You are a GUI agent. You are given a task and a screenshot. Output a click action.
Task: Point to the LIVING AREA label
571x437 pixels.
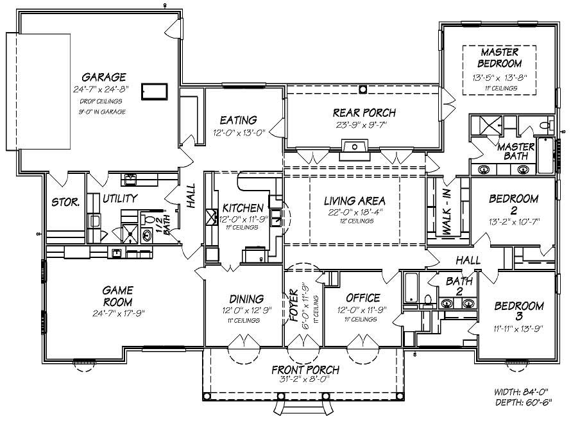tap(354, 201)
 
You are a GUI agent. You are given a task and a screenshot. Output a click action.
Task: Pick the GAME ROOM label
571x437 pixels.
tap(117, 296)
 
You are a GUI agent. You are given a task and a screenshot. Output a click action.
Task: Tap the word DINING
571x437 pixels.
tap(246, 298)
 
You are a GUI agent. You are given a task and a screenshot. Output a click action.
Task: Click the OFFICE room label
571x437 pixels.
tap(362, 298)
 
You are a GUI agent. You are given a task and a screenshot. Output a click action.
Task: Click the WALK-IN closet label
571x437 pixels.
tap(447, 212)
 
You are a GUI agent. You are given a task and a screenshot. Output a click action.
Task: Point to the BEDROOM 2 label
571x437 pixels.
tap(513, 205)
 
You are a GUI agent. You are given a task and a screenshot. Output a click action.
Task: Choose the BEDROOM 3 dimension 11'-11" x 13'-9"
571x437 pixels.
tap(518, 329)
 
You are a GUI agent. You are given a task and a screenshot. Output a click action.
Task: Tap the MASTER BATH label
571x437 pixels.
tap(516, 152)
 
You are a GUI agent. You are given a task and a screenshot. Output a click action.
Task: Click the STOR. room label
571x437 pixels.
tap(65, 202)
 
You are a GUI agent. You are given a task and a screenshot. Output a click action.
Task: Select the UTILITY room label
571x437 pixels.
tap(120, 199)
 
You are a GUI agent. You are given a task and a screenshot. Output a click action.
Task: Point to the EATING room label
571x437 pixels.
tap(238, 120)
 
